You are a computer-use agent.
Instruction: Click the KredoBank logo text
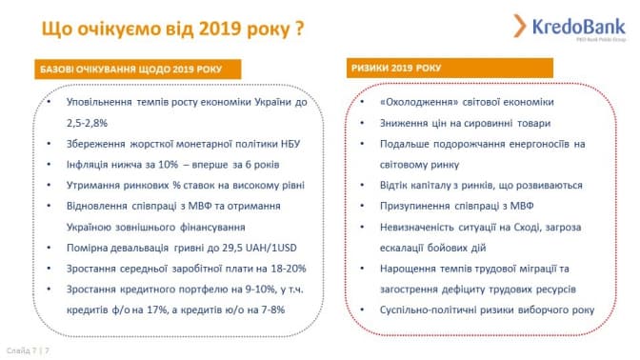pyautogui.click(x=578, y=27)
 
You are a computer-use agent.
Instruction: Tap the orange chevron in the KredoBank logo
pyautogui.click(x=520, y=26)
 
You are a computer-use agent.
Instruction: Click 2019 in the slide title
pyautogui.click(x=220, y=29)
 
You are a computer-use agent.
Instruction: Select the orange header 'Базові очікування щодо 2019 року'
pyautogui.click(x=138, y=69)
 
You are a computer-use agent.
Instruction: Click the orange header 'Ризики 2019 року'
pyautogui.click(x=450, y=68)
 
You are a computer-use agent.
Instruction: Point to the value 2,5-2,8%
pyautogui.click(x=87, y=123)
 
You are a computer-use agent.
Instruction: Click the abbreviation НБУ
pyautogui.click(x=290, y=144)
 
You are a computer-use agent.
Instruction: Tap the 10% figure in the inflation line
pyautogui.click(x=169, y=165)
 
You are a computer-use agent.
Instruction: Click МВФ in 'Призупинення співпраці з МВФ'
pyautogui.click(x=522, y=206)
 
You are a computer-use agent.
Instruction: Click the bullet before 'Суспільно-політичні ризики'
pyautogui.click(x=362, y=310)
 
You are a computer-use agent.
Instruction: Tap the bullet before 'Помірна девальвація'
pyautogui.click(x=49, y=248)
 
